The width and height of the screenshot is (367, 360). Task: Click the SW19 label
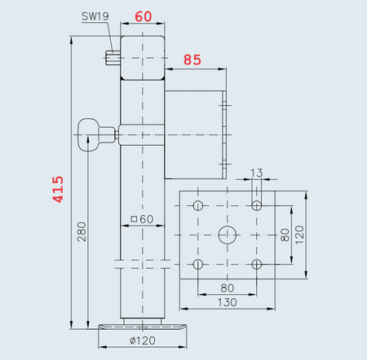pyautogui.click(x=95, y=15)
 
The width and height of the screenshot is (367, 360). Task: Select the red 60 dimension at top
pyautogui.click(x=144, y=16)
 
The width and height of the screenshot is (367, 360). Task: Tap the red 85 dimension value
pyautogui.click(x=192, y=59)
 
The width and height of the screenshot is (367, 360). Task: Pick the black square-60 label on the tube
pyautogui.click(x=143, y=218)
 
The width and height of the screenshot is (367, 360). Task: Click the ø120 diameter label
pyautogui.click(x=143, y=340)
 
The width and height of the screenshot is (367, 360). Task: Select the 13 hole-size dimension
pyautogui.click(x=257, y=173)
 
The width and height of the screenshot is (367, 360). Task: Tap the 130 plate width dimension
pyautogui.click(x=228, y=302)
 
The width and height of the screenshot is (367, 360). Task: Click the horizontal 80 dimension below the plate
pyautogui.click(x=228, y=287)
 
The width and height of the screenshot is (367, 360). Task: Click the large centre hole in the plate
pyautogui.click(x=228, y=235)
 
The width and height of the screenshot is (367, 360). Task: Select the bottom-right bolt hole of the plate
pyautogui.click(x=257, y=264)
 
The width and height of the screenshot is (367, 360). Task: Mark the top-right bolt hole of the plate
pyautogui.click(x=257, y=204)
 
